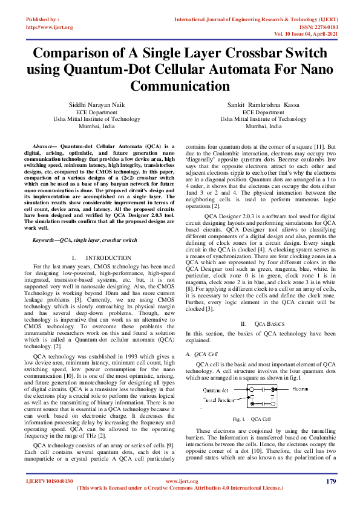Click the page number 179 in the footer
pos(330,481)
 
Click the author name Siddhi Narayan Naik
pos(96,105)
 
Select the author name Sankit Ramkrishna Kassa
pos(263,105)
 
